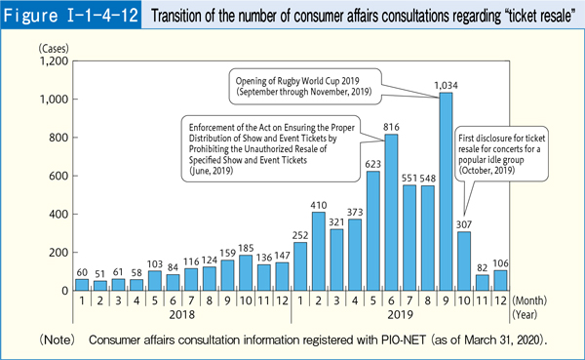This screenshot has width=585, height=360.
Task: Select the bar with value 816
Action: (391, 213)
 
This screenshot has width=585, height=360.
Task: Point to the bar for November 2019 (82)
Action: (483, 283)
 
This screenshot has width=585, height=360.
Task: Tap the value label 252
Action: (299, 235)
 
